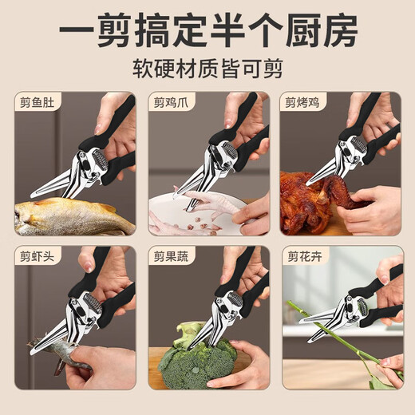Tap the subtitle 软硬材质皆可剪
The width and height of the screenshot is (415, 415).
point(207,66)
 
